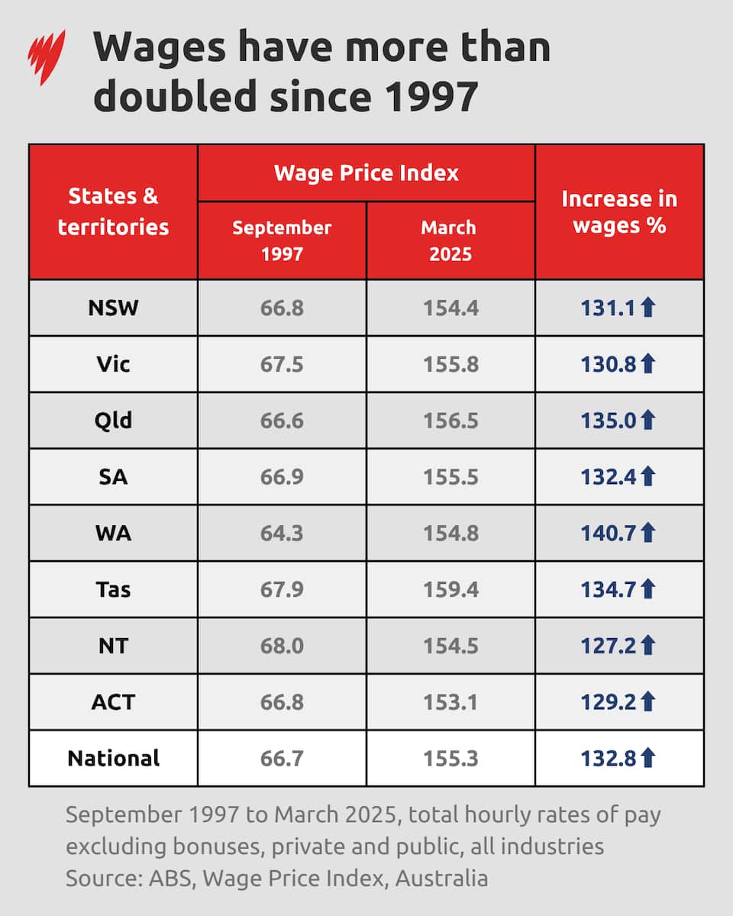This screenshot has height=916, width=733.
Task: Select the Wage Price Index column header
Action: (x=366, y=173)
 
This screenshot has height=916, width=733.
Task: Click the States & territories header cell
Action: (x=113, y=211)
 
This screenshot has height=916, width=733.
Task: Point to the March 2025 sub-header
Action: (x=450, y=240)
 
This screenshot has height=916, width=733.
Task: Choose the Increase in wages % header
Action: (x=619, y=211)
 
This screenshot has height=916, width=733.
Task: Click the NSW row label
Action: (x=113, y=308)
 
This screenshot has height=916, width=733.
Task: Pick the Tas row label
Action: (x=113, y=589)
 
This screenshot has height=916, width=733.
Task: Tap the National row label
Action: (x=113, y=758)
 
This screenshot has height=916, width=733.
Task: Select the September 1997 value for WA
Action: (x=282, y=533)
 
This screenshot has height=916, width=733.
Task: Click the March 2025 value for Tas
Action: (x=450, y=589)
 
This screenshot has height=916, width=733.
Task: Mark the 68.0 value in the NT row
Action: (x=282, y=646)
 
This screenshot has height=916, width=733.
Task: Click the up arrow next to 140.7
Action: (x=647, y=533)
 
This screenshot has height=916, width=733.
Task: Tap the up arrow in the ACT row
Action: (x=647, y=702)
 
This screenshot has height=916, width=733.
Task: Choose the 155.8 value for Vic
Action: (x=450, y=364)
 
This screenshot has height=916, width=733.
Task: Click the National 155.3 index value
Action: (x=450, y=758)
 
